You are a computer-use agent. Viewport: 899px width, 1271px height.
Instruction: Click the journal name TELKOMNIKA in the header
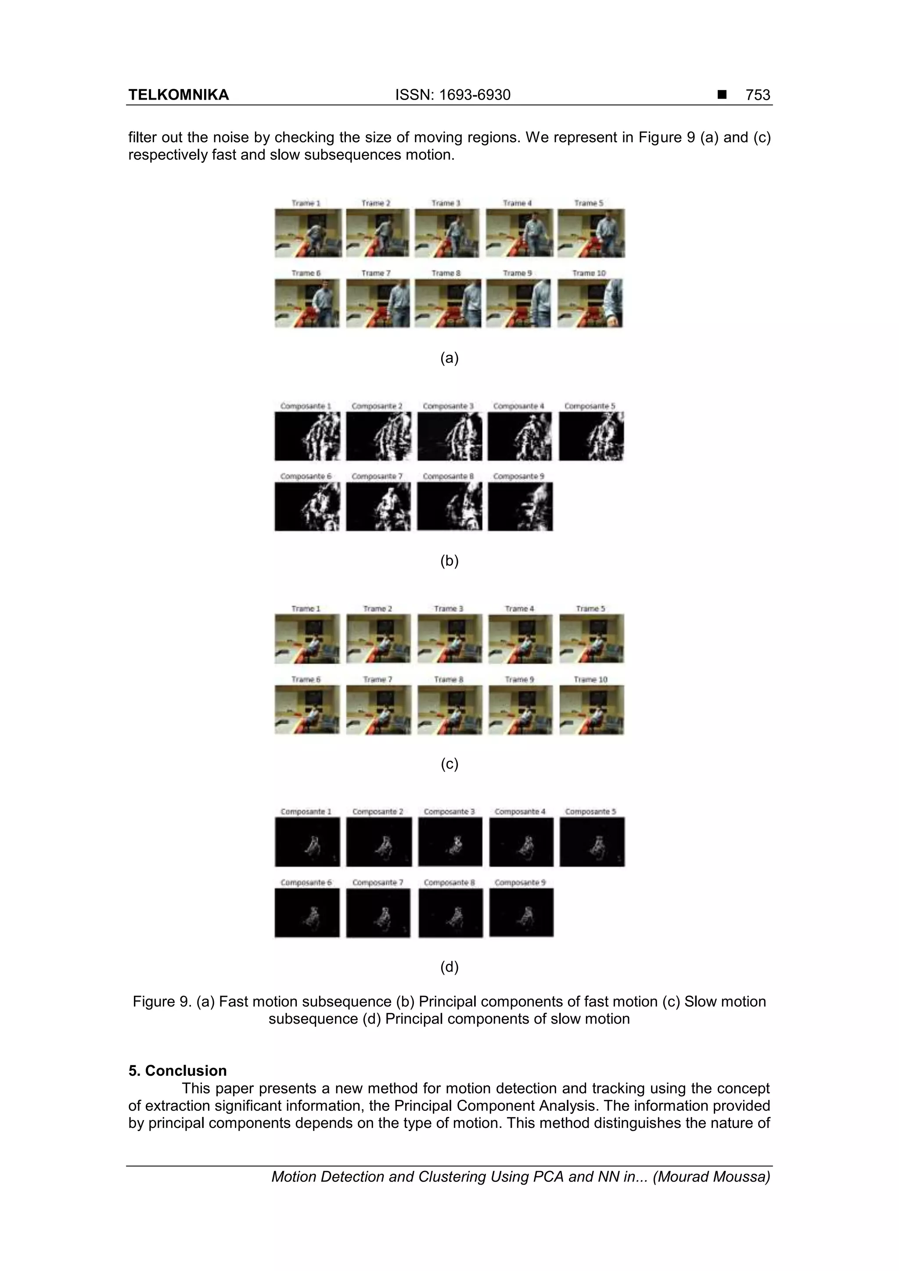click(178, 95)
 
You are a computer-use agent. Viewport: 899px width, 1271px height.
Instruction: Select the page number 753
click(758, 95)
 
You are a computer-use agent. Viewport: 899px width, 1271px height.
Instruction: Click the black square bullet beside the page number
click(722, 95)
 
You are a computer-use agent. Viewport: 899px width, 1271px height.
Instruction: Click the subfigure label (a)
click(449, 358)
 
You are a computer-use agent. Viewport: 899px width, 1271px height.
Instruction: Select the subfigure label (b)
click(449, 561)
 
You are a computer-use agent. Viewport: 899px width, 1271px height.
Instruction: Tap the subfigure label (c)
click(449, 764)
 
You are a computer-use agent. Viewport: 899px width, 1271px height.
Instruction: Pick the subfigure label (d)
click(449, 967)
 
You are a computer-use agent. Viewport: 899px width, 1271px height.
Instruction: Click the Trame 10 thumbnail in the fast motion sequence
click(590, 303)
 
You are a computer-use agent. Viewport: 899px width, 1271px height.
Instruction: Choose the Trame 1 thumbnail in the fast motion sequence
click(307, 233)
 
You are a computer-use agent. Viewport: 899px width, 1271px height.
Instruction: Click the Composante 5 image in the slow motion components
click(592, 842)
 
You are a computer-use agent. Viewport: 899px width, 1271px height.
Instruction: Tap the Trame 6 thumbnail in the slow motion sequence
click(307, 710)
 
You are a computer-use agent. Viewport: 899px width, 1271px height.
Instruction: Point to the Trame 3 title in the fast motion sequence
click(446, 203)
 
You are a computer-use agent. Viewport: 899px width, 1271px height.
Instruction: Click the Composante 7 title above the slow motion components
click(378, 882)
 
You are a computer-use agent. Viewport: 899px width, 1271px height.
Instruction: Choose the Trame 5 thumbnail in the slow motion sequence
click(592, 638)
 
